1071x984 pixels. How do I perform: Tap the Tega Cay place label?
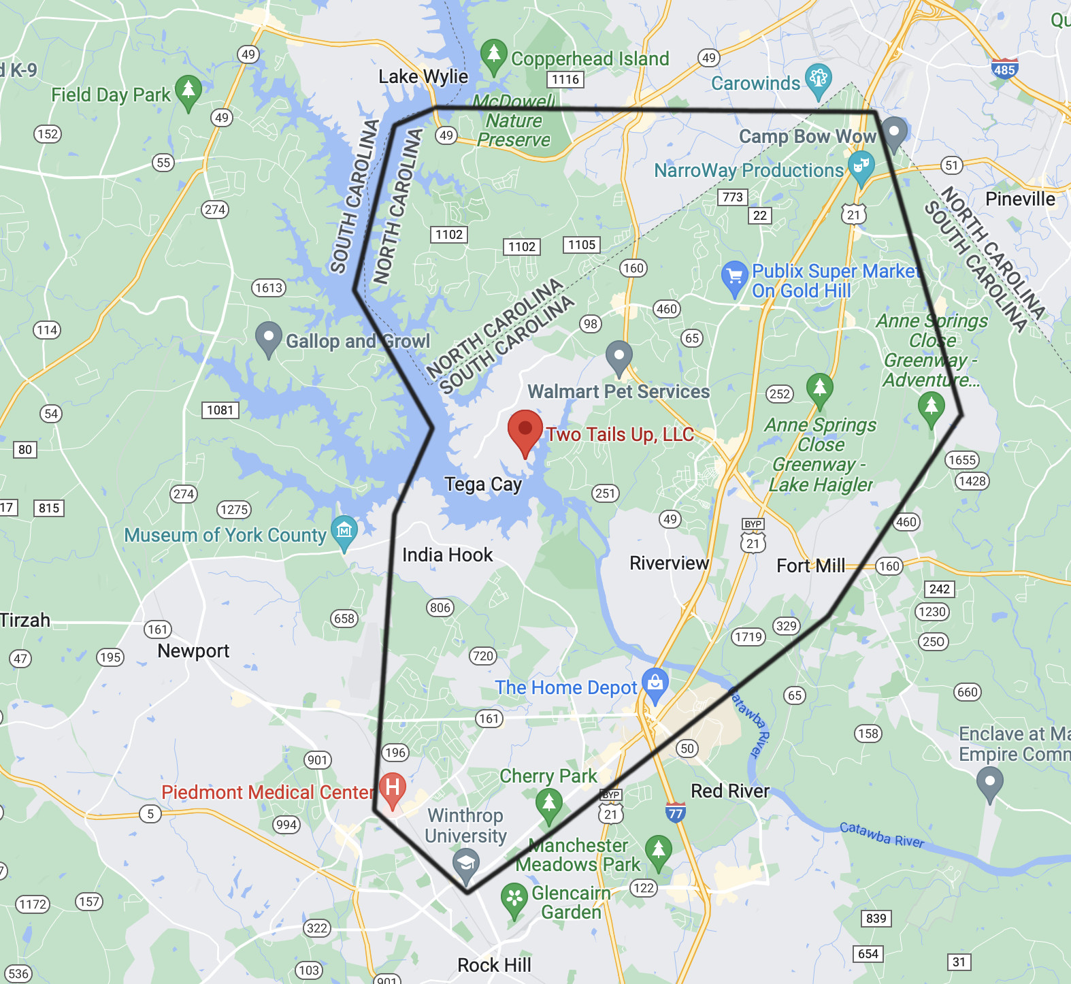[483, 485]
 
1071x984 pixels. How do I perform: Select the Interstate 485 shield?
[1004, 69]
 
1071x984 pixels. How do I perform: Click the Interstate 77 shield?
[675, 813]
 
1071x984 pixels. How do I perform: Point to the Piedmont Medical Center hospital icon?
[393, 788]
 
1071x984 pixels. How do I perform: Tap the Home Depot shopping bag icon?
[655, 684]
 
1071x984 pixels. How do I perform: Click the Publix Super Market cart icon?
[734, 277]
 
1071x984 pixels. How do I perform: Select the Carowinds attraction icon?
[819, 79]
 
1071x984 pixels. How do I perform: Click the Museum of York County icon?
[344, 531]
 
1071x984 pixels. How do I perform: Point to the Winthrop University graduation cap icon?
[466, 863]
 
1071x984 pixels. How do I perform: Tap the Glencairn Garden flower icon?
[514, 899]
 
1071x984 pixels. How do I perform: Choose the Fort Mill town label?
[810, 566]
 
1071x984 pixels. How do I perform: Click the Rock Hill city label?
[494, 966]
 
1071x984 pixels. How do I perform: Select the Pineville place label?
[1020, 199]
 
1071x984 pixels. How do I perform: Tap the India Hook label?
[447, 555]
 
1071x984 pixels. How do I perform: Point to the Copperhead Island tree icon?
[493, 54]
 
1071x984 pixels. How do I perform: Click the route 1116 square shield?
[565, 80]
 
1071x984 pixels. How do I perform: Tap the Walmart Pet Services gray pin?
[619, 356]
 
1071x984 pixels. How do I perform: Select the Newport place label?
[193, 651]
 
